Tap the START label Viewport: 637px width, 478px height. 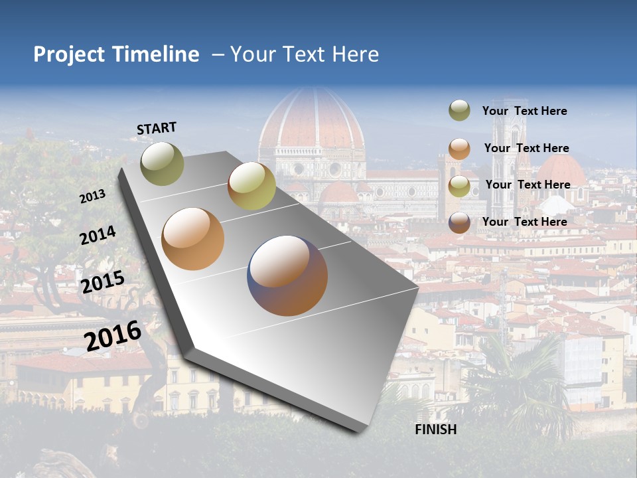pyautogui.click(x=157, y=128)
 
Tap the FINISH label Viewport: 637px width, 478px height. pyautogui.click(x=436, y=430)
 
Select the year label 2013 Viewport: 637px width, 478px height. pyautogui.click(x=93, y=197)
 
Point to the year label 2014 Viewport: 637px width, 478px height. pyautogui.click(x=98, y=236)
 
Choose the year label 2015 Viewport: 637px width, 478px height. pyautogui.click(x=103, y=282)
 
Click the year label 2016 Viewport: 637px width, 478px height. pyautogui.click(x=113, y=335)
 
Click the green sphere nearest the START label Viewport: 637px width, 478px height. pyautogui.click(x=162, y=163)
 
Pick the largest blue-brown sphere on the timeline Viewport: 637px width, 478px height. pyautogui.click(x=287, y=276)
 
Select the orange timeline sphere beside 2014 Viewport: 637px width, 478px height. pyautogui.click(x=192, y=239)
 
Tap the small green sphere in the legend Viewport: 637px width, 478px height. pyautogui.click(x=459, y=111)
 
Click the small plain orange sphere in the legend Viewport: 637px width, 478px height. pyautogui.click(x=459, y=149)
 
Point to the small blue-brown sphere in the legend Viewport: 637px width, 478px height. pyautogui.click(x=459, y=222)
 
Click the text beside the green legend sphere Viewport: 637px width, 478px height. pyautogui.click(x=524, y=111)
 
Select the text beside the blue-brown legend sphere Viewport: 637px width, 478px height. pyautogui.click(x=524, y=222)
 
